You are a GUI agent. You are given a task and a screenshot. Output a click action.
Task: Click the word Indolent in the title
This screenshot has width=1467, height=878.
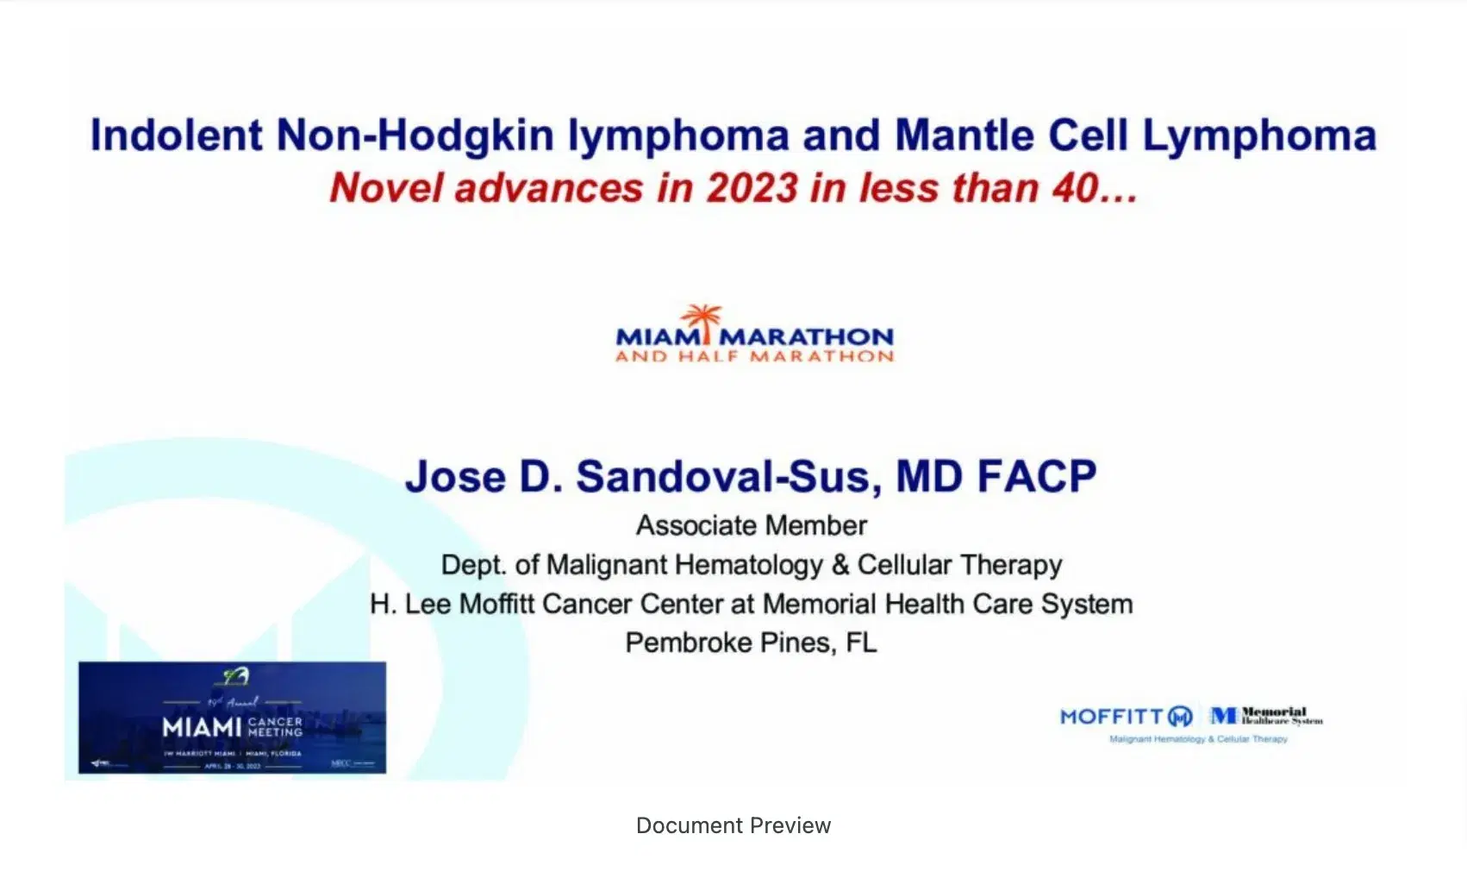coord(176,136)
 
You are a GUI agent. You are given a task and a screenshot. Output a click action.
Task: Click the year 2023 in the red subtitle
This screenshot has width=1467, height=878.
coord(752,188)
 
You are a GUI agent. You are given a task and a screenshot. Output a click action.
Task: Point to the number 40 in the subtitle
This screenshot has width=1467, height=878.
coord(1075,188)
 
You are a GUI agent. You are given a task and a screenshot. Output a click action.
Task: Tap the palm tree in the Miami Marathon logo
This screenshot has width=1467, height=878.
coord(703,319)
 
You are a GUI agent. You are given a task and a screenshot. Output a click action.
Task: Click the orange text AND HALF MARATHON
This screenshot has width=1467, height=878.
coord(754,356)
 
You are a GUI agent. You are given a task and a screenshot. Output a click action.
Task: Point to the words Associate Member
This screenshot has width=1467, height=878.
coord(752,525)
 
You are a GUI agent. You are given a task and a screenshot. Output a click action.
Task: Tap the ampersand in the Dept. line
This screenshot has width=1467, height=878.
coord(840,565)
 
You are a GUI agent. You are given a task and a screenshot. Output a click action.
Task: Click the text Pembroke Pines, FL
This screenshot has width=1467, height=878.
coord(751,643)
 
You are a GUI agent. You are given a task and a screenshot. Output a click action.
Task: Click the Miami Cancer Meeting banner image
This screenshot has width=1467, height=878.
coord(232,718)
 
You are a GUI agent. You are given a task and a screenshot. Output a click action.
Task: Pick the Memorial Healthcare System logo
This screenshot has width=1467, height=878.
coord(1266,716)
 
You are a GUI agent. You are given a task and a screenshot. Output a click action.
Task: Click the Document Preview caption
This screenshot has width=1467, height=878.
coord(733,825)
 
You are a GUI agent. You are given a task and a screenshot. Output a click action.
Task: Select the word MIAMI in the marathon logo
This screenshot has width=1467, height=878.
coord(656,336)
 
